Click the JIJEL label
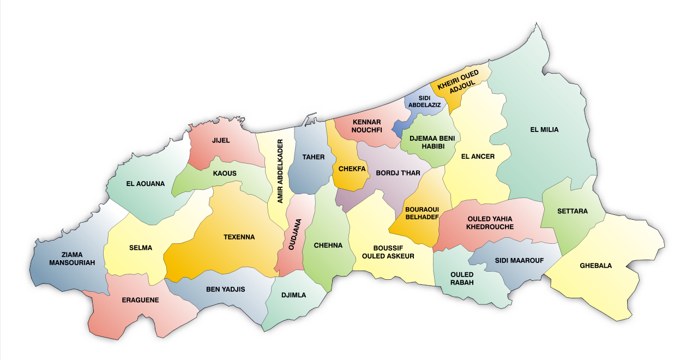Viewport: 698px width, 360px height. (221, 140)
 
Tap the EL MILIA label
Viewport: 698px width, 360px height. (544, 130)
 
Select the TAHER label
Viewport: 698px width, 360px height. (314, 157)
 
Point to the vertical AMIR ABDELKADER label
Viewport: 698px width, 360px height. (280, 171)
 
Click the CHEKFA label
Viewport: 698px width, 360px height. (352, 169)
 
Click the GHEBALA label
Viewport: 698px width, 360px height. (596, 266)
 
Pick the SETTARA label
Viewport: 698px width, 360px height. (573, 211)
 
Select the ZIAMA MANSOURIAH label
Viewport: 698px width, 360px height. (72, 259)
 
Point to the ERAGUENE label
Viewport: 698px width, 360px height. (140, 300)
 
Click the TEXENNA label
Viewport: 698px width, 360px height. (239, 237)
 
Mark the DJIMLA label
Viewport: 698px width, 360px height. (294, 295)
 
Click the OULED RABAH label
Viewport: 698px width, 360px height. (462, 278)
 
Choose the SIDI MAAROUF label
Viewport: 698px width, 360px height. (519, 260)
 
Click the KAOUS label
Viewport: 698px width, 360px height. (225, 173)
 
